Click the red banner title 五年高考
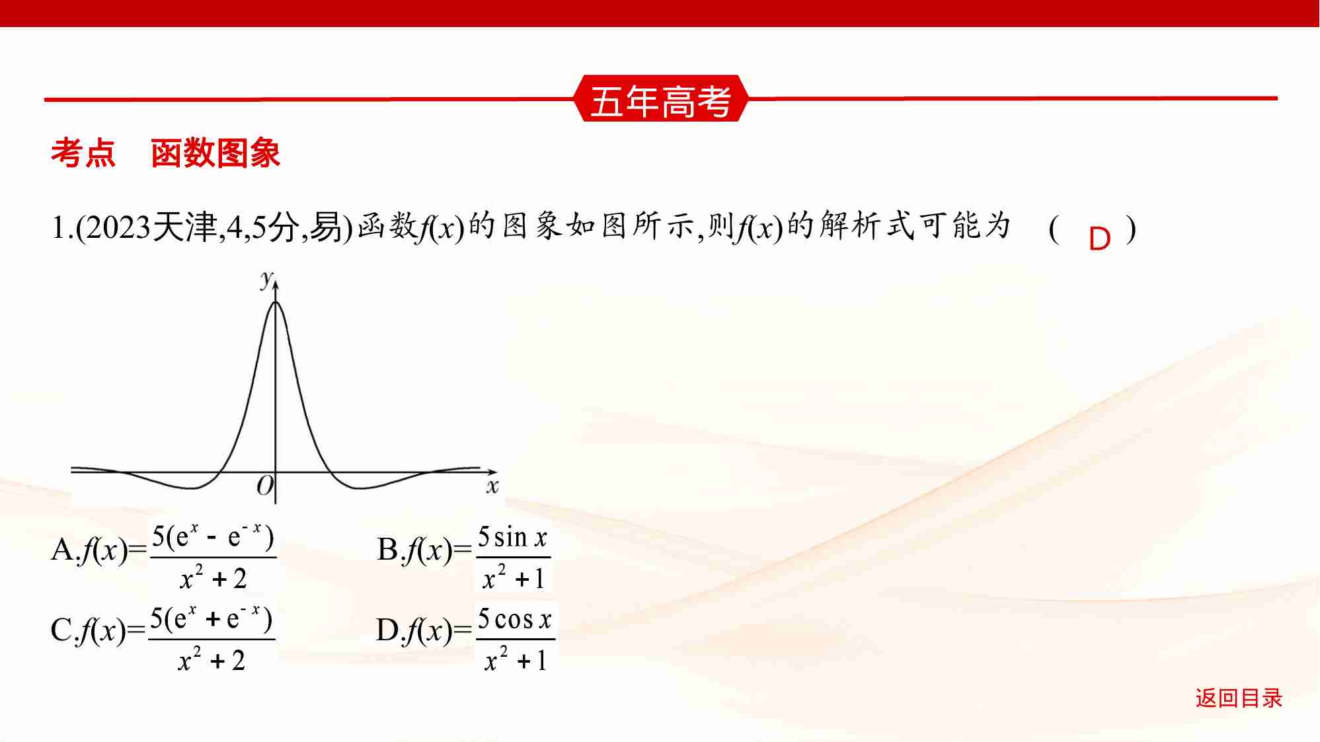(660, 101)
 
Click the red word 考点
(83, 153)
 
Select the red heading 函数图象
(215, 153)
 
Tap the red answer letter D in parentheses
(1099, 239)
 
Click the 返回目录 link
(1238, 698)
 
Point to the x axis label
(492, 488)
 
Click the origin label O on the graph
(264, 486)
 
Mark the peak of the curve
(276, 302)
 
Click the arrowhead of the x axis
(492, 472)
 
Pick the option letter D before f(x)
(387, 630)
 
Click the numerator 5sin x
(513, 538)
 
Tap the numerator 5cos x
(515, 620)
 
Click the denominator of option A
(213, 579)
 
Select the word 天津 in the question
(185, 228)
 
